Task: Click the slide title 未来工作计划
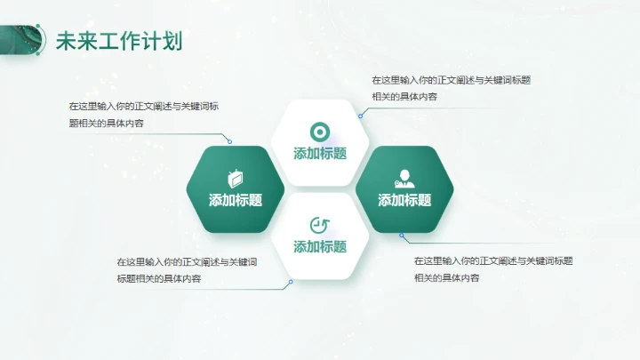pos(118,41)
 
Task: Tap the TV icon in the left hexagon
pos(236,178)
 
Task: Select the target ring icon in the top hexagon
pos(319,131)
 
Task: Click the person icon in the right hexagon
pos(404,177)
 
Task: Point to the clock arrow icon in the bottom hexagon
pos(319,224)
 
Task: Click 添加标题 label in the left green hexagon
pos(236,200)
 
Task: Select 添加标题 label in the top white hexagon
pos(320,153)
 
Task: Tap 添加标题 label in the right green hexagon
pos(404,200)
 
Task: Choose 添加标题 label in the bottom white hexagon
pos(320,246)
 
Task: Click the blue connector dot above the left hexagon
pos(229,141)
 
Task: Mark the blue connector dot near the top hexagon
pos(360,116)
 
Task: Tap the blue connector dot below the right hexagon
pos(401,236)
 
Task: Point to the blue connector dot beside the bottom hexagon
pos(290,283)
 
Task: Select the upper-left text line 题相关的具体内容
pos(107,124)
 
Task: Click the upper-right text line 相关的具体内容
pos(404,97)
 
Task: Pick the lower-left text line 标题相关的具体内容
pos(158,279)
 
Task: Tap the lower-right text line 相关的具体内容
pos(447,278)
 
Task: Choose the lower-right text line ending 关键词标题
pos(493,261)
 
